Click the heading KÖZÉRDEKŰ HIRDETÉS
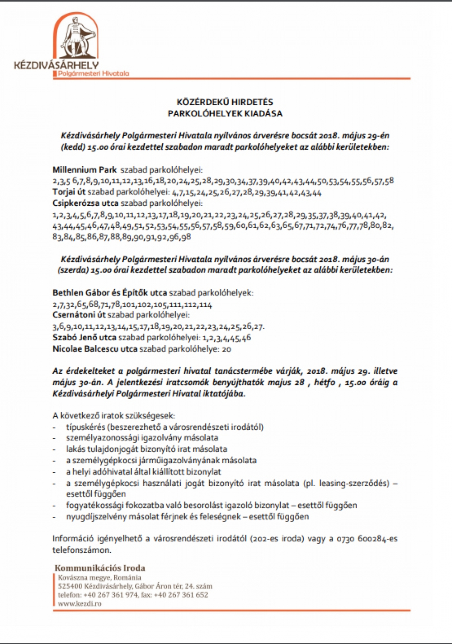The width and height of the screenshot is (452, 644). [x=225, y=102]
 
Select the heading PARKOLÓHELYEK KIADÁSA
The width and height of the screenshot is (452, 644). [x=225, y=113]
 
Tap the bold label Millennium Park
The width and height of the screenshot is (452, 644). [x=85, y=170]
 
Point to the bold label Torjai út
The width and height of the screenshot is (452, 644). [x=69, y=193]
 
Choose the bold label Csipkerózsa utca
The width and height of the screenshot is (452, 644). [x=85, y=203]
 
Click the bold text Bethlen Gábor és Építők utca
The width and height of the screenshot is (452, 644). [x=110, y=292]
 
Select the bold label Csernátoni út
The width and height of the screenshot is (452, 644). [x=79, y=315]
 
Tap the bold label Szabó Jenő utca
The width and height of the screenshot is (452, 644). [x=84, y=337]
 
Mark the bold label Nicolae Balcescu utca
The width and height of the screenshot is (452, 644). [x=95, y=349]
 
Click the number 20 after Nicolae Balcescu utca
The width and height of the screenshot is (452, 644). [x=226, y=349]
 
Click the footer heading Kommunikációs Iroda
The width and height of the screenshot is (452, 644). [x=100, y=568]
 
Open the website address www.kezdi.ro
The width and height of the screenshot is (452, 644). [x=80, y=603]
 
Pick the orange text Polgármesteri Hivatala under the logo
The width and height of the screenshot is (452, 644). [x=94, y=73]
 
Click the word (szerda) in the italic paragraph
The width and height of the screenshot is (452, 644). [x=73, y=270]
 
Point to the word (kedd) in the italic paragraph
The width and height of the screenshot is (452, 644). [x=72, y=147]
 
